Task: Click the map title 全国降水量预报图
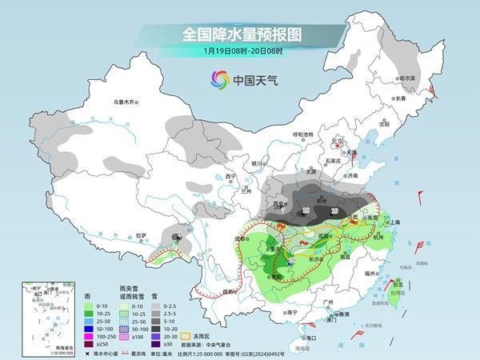[239, 34]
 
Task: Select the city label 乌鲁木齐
[126, 102]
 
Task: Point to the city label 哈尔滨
[407, 78]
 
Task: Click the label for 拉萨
[141, 235]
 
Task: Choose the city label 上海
[393, 224]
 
